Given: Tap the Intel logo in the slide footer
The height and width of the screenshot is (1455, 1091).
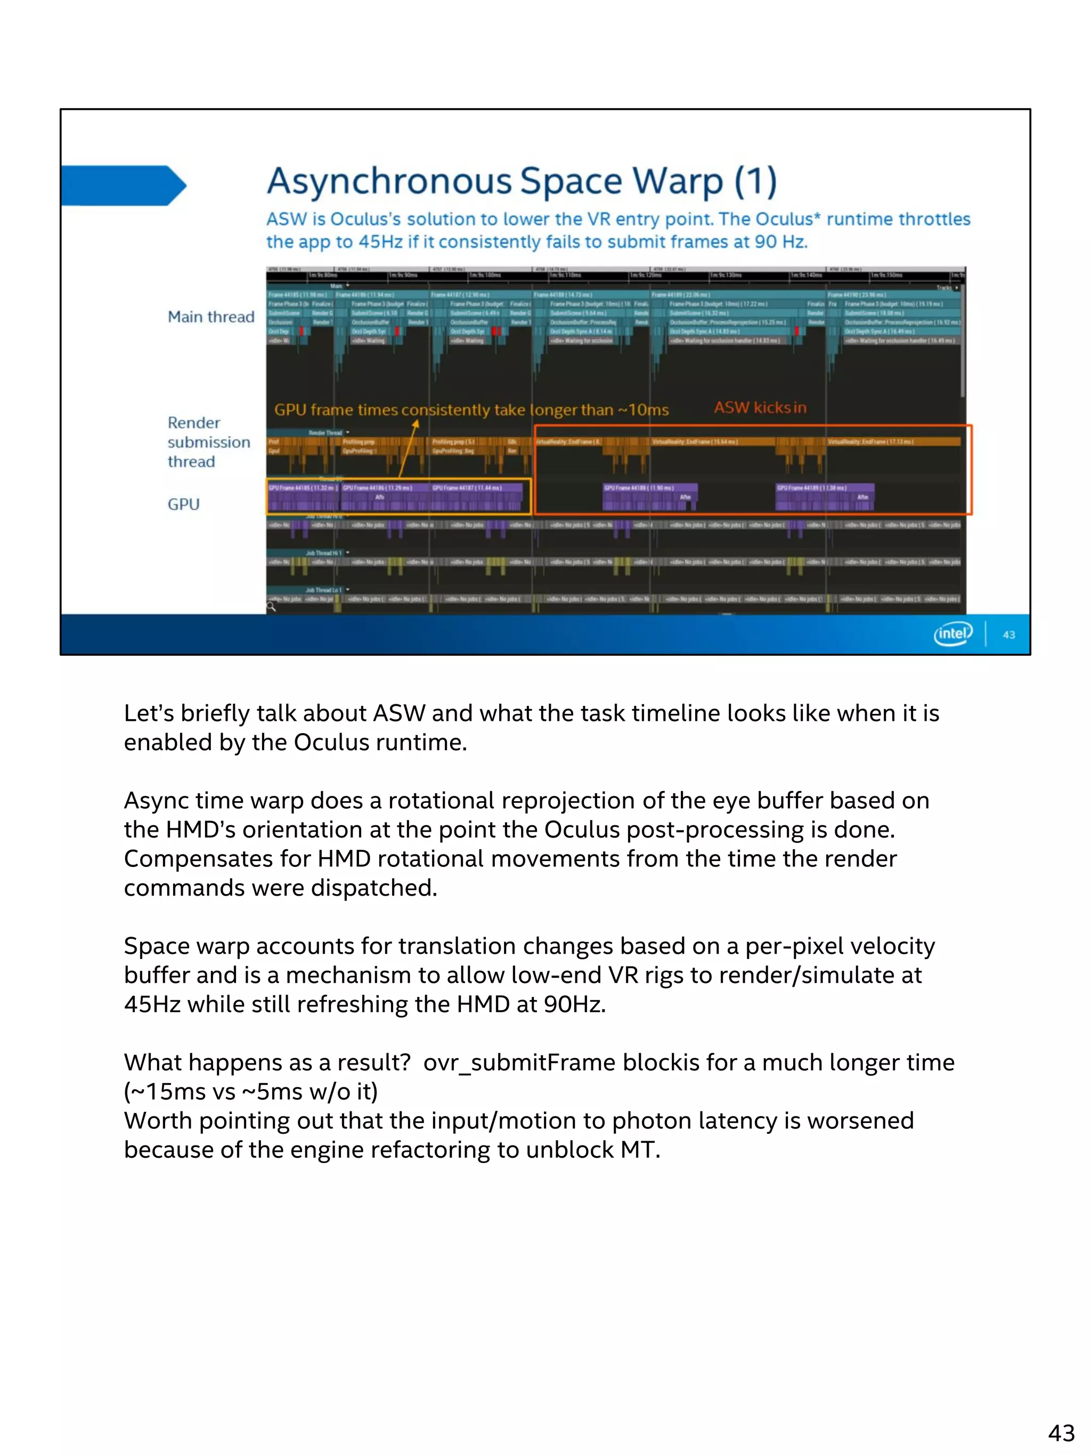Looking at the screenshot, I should pyautogui.click(x=952, y=633).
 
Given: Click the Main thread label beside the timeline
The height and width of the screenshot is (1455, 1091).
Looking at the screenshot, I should pyautogui.click(x=210, y=317).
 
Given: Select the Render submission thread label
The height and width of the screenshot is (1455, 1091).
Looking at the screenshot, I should pyautogui.click(x=208, y=442).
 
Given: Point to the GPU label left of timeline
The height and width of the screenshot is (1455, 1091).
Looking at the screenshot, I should pyautogui.click(x=183, y=505).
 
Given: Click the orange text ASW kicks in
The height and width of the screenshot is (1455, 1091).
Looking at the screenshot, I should pyautogui.click(x=760, y=408).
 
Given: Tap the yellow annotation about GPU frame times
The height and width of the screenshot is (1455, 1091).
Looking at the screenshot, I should pyautogui.click(x=471, y=410).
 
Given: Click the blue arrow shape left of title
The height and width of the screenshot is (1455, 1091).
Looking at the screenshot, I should pyautogui.click(x=124, y=185).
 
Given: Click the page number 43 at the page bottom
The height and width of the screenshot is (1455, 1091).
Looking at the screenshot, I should pyautogui.click(x=1061, y=1432).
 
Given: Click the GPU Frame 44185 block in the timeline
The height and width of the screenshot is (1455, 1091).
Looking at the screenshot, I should pyautogui.click(x=303, y=497).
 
